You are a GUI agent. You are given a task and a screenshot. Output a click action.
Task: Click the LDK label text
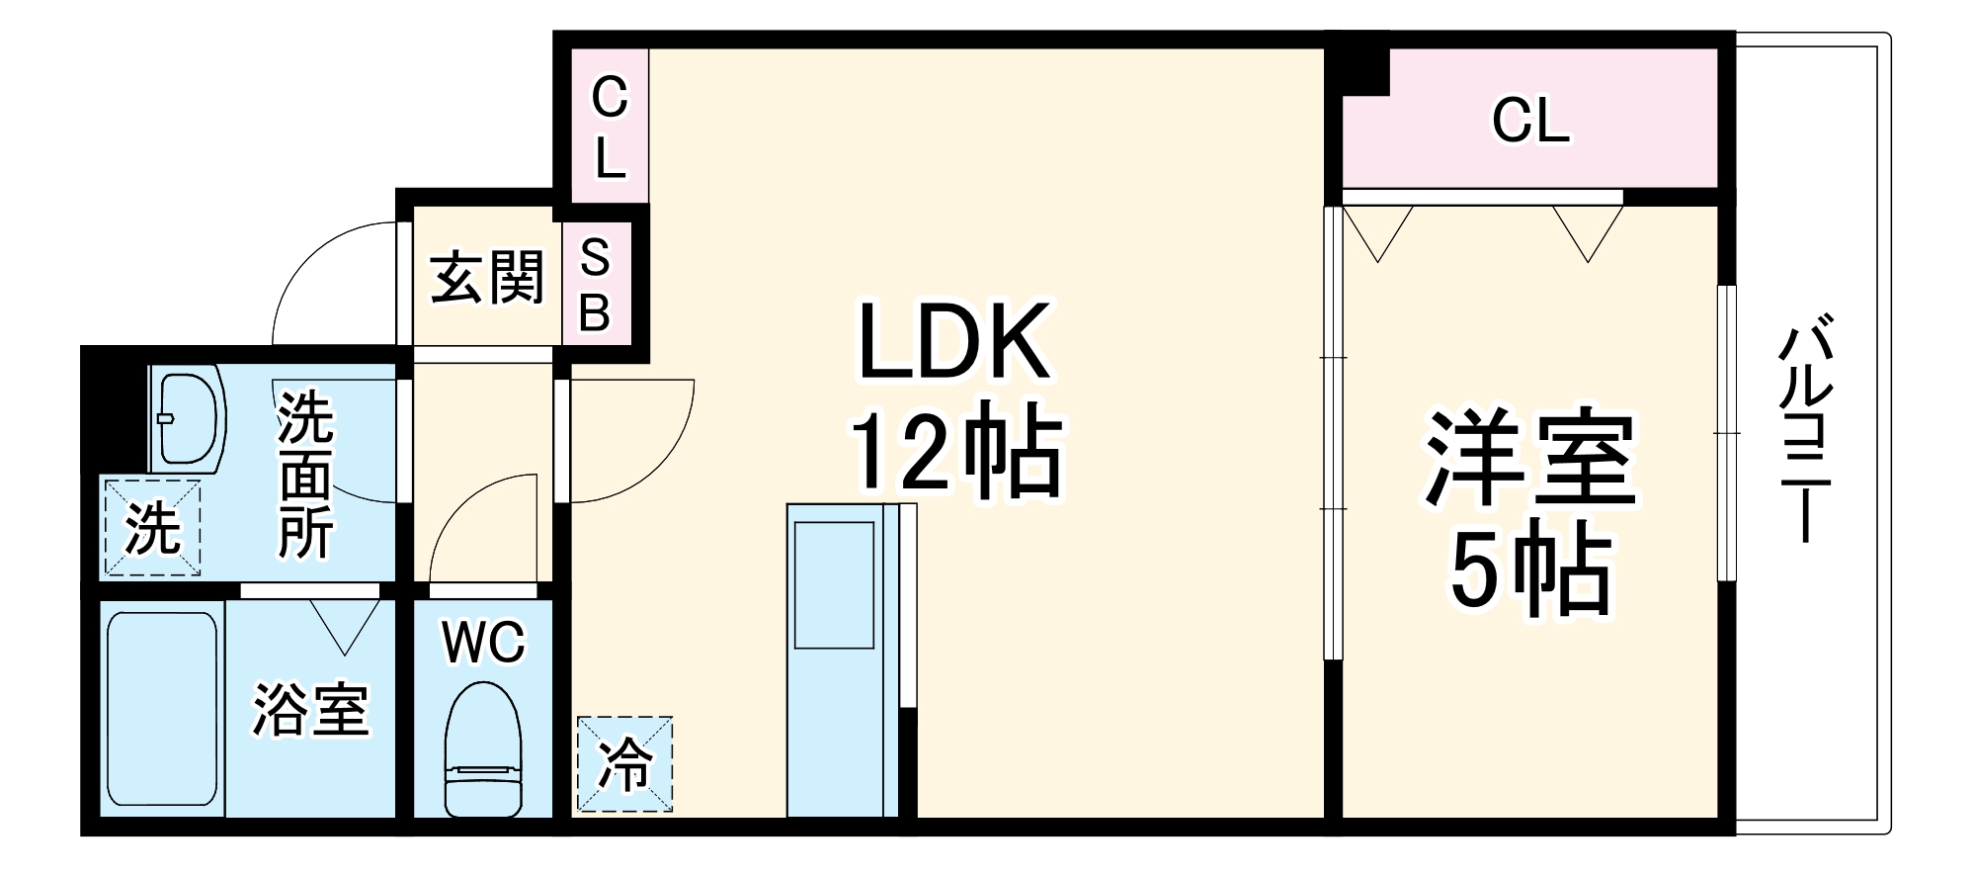click(x=954, y=341)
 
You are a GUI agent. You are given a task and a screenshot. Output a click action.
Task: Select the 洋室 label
click(x=1530, y=457)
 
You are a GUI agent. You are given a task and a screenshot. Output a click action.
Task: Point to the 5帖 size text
click(x=1530, y=570)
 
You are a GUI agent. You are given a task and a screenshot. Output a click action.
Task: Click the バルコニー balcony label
click(x=1805, y=427)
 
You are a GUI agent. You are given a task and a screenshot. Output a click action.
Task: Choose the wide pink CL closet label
click(x=1530, y=120)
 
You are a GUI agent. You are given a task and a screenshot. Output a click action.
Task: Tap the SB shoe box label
click(x=595, y=285)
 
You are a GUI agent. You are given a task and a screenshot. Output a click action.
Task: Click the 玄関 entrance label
click(x=487, y=277)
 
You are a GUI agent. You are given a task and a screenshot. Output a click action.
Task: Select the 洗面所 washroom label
click(x=305, y=475)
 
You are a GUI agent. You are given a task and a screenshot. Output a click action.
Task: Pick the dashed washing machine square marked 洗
click(x=152, y=527)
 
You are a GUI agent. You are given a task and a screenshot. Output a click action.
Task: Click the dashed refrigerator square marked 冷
click(x=624, y=764)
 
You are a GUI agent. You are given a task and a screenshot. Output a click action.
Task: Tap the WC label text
click(x=484, y=643)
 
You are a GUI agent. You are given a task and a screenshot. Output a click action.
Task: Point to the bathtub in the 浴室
click(x=162, y=709)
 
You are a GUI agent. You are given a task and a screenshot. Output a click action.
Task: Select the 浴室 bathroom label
click(x=310, y=710)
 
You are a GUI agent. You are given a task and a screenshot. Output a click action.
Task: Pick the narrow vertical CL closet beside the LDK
click(x=610, y=126)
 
